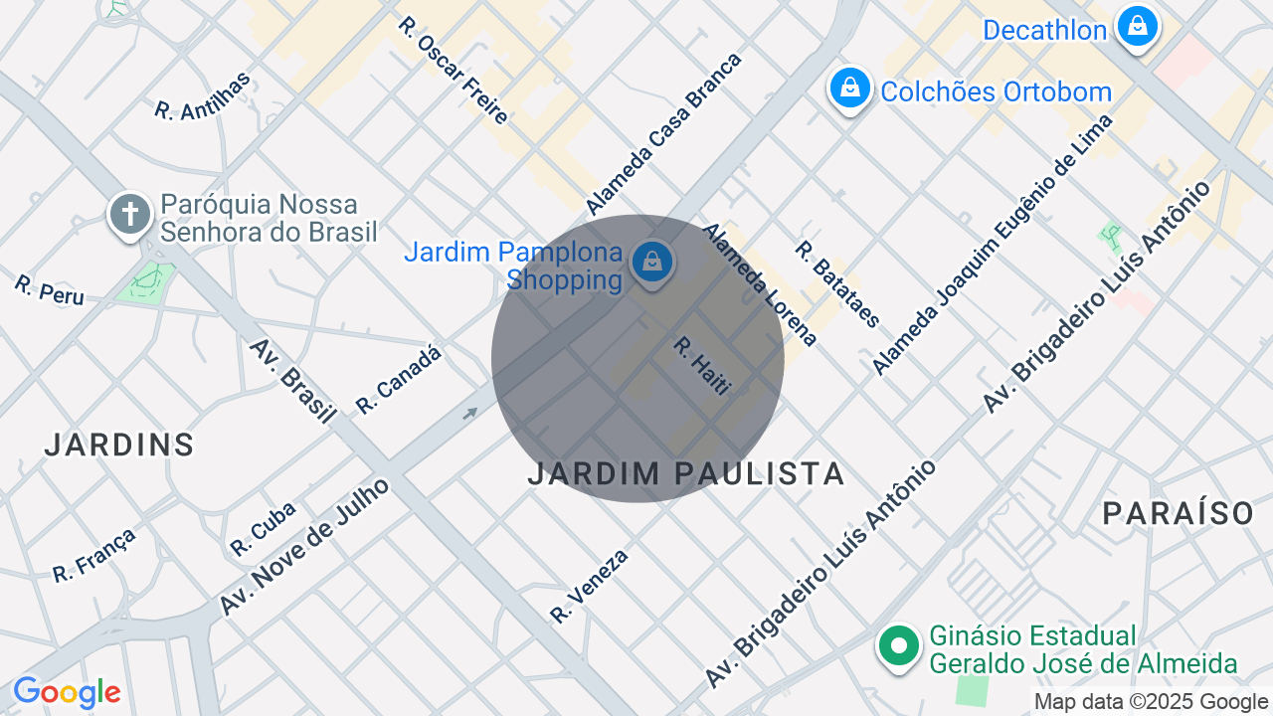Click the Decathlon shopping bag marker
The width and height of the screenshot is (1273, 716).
1137,26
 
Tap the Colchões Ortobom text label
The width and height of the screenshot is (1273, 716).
996,92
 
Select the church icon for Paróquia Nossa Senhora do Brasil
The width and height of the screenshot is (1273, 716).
129,215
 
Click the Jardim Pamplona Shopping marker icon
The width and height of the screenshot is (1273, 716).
651,263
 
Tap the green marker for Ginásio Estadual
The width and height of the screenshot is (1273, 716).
899,645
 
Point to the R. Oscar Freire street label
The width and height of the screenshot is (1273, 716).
454,71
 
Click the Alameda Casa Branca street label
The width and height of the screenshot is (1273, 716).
663,134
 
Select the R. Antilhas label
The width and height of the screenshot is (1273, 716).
203,96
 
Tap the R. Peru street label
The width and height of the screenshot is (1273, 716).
49,289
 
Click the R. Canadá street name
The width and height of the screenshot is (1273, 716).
398,379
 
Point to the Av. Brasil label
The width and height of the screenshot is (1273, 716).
292,381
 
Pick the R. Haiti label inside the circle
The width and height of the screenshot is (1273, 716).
702,366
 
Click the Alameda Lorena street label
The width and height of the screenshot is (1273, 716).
760,284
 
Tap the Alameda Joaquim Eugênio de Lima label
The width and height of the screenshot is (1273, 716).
992,245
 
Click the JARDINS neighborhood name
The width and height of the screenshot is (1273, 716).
119,446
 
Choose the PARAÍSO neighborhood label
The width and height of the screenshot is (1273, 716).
1179,514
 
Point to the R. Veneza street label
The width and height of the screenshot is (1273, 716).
590,586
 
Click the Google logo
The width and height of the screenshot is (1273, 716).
67,693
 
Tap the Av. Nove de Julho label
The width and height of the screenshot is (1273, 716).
304,546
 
